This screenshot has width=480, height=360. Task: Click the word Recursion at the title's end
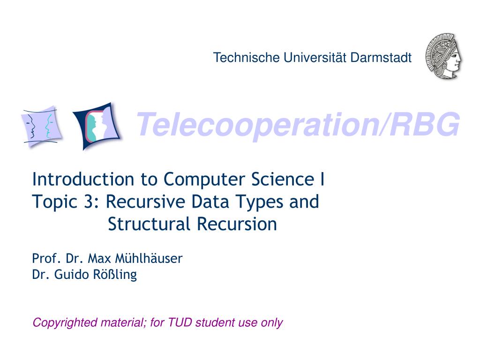click(237, 224)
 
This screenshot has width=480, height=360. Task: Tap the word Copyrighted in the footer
click(60, 323)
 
